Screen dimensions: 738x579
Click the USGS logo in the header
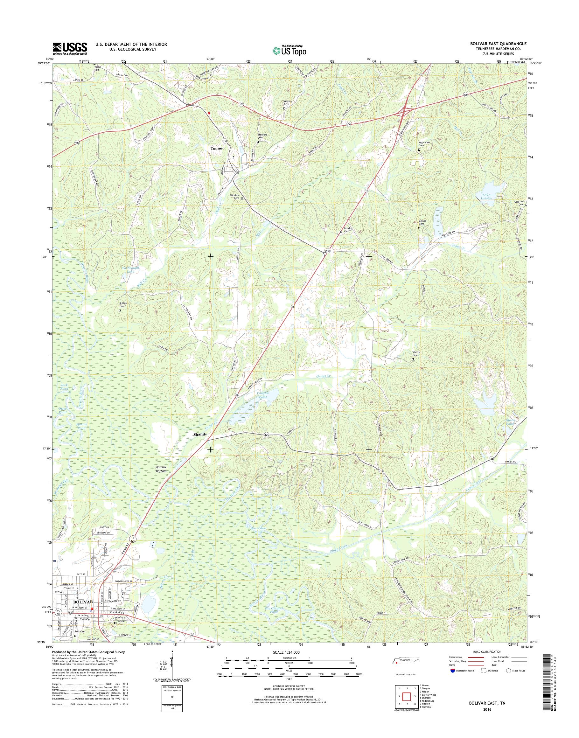coord(69,48)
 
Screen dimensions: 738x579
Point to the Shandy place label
coord(200,434)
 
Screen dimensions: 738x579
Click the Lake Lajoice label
coord(487,197)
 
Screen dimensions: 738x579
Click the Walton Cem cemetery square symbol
coord(413,359)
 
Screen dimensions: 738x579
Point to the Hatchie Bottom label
coord(161,469)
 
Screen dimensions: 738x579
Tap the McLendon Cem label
coord(424,144)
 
